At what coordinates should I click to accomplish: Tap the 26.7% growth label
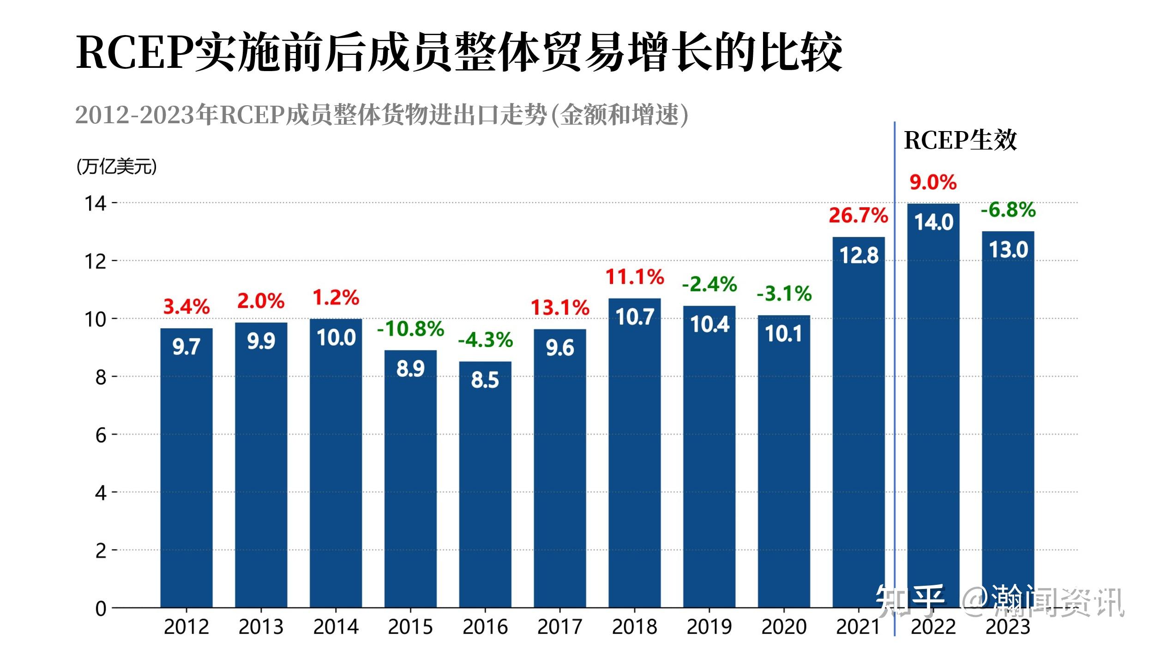tap(858, 216)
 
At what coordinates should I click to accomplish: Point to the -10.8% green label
tap(410, 329)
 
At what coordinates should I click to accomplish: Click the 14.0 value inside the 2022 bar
tap(933, 222)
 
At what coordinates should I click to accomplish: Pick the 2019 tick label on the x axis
tap(709, 627)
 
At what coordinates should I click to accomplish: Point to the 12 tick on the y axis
tap(95, 262)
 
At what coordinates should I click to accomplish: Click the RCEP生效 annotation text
tap(960, 140)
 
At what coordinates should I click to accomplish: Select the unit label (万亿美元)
tap(116, 167)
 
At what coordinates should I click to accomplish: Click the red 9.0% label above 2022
tap(933, 183)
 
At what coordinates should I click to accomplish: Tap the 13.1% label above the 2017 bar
tap(560, 308)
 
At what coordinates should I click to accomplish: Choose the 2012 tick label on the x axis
tap(186, 627)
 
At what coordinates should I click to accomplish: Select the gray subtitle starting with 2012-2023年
tap(381, 115)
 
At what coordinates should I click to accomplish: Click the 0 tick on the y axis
tap(101, 609)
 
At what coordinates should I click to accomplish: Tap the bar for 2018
tap(634, 462)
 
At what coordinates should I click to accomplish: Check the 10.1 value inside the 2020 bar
tap(783, 334)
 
